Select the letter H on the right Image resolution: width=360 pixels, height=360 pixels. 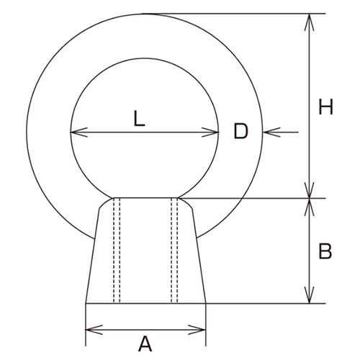click(x=325, y=108)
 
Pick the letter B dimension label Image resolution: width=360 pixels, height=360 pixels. click(x=325, y=252)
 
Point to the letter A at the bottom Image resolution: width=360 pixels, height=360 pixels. click(x=145, y=344)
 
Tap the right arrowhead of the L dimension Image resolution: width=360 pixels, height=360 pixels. click(x=213, y=132)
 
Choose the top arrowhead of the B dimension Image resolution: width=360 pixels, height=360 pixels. click(x=310, y=205)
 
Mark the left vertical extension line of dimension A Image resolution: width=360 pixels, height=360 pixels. click(x=85, y=320)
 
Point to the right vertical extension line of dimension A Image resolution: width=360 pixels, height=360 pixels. click(x=207, y=320)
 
